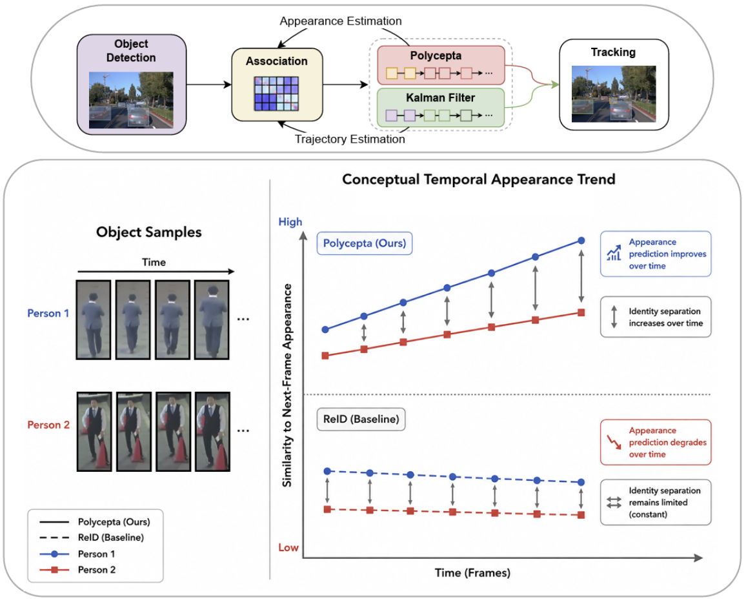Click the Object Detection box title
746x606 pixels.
click(131, 50)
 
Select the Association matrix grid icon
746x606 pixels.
click(276, 94)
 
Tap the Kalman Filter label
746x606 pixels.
click(440, 97)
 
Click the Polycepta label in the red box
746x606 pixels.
click(436, 56)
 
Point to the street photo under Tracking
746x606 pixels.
click(614, 94)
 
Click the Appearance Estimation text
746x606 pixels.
click(341, 21)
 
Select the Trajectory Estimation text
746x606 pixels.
click(350, 139)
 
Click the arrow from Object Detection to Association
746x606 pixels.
click(209, 85)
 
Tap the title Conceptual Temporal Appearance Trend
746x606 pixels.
click(479, 179)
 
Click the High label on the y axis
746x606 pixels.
click(290, 221)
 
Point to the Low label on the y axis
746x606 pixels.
click(288, 547)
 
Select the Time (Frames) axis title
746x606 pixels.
click(472, 572)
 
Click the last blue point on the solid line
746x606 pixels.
click(581, 241)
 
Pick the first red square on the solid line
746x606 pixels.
click(325, 356)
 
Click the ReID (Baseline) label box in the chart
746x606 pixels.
click(361, 419)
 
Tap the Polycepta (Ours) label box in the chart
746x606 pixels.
click(365, 243)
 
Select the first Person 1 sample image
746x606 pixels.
click(93, 319)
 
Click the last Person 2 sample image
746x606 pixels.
click(213, 432)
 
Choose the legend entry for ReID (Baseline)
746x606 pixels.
click(92, 538)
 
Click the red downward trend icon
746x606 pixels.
click(614, 442)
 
